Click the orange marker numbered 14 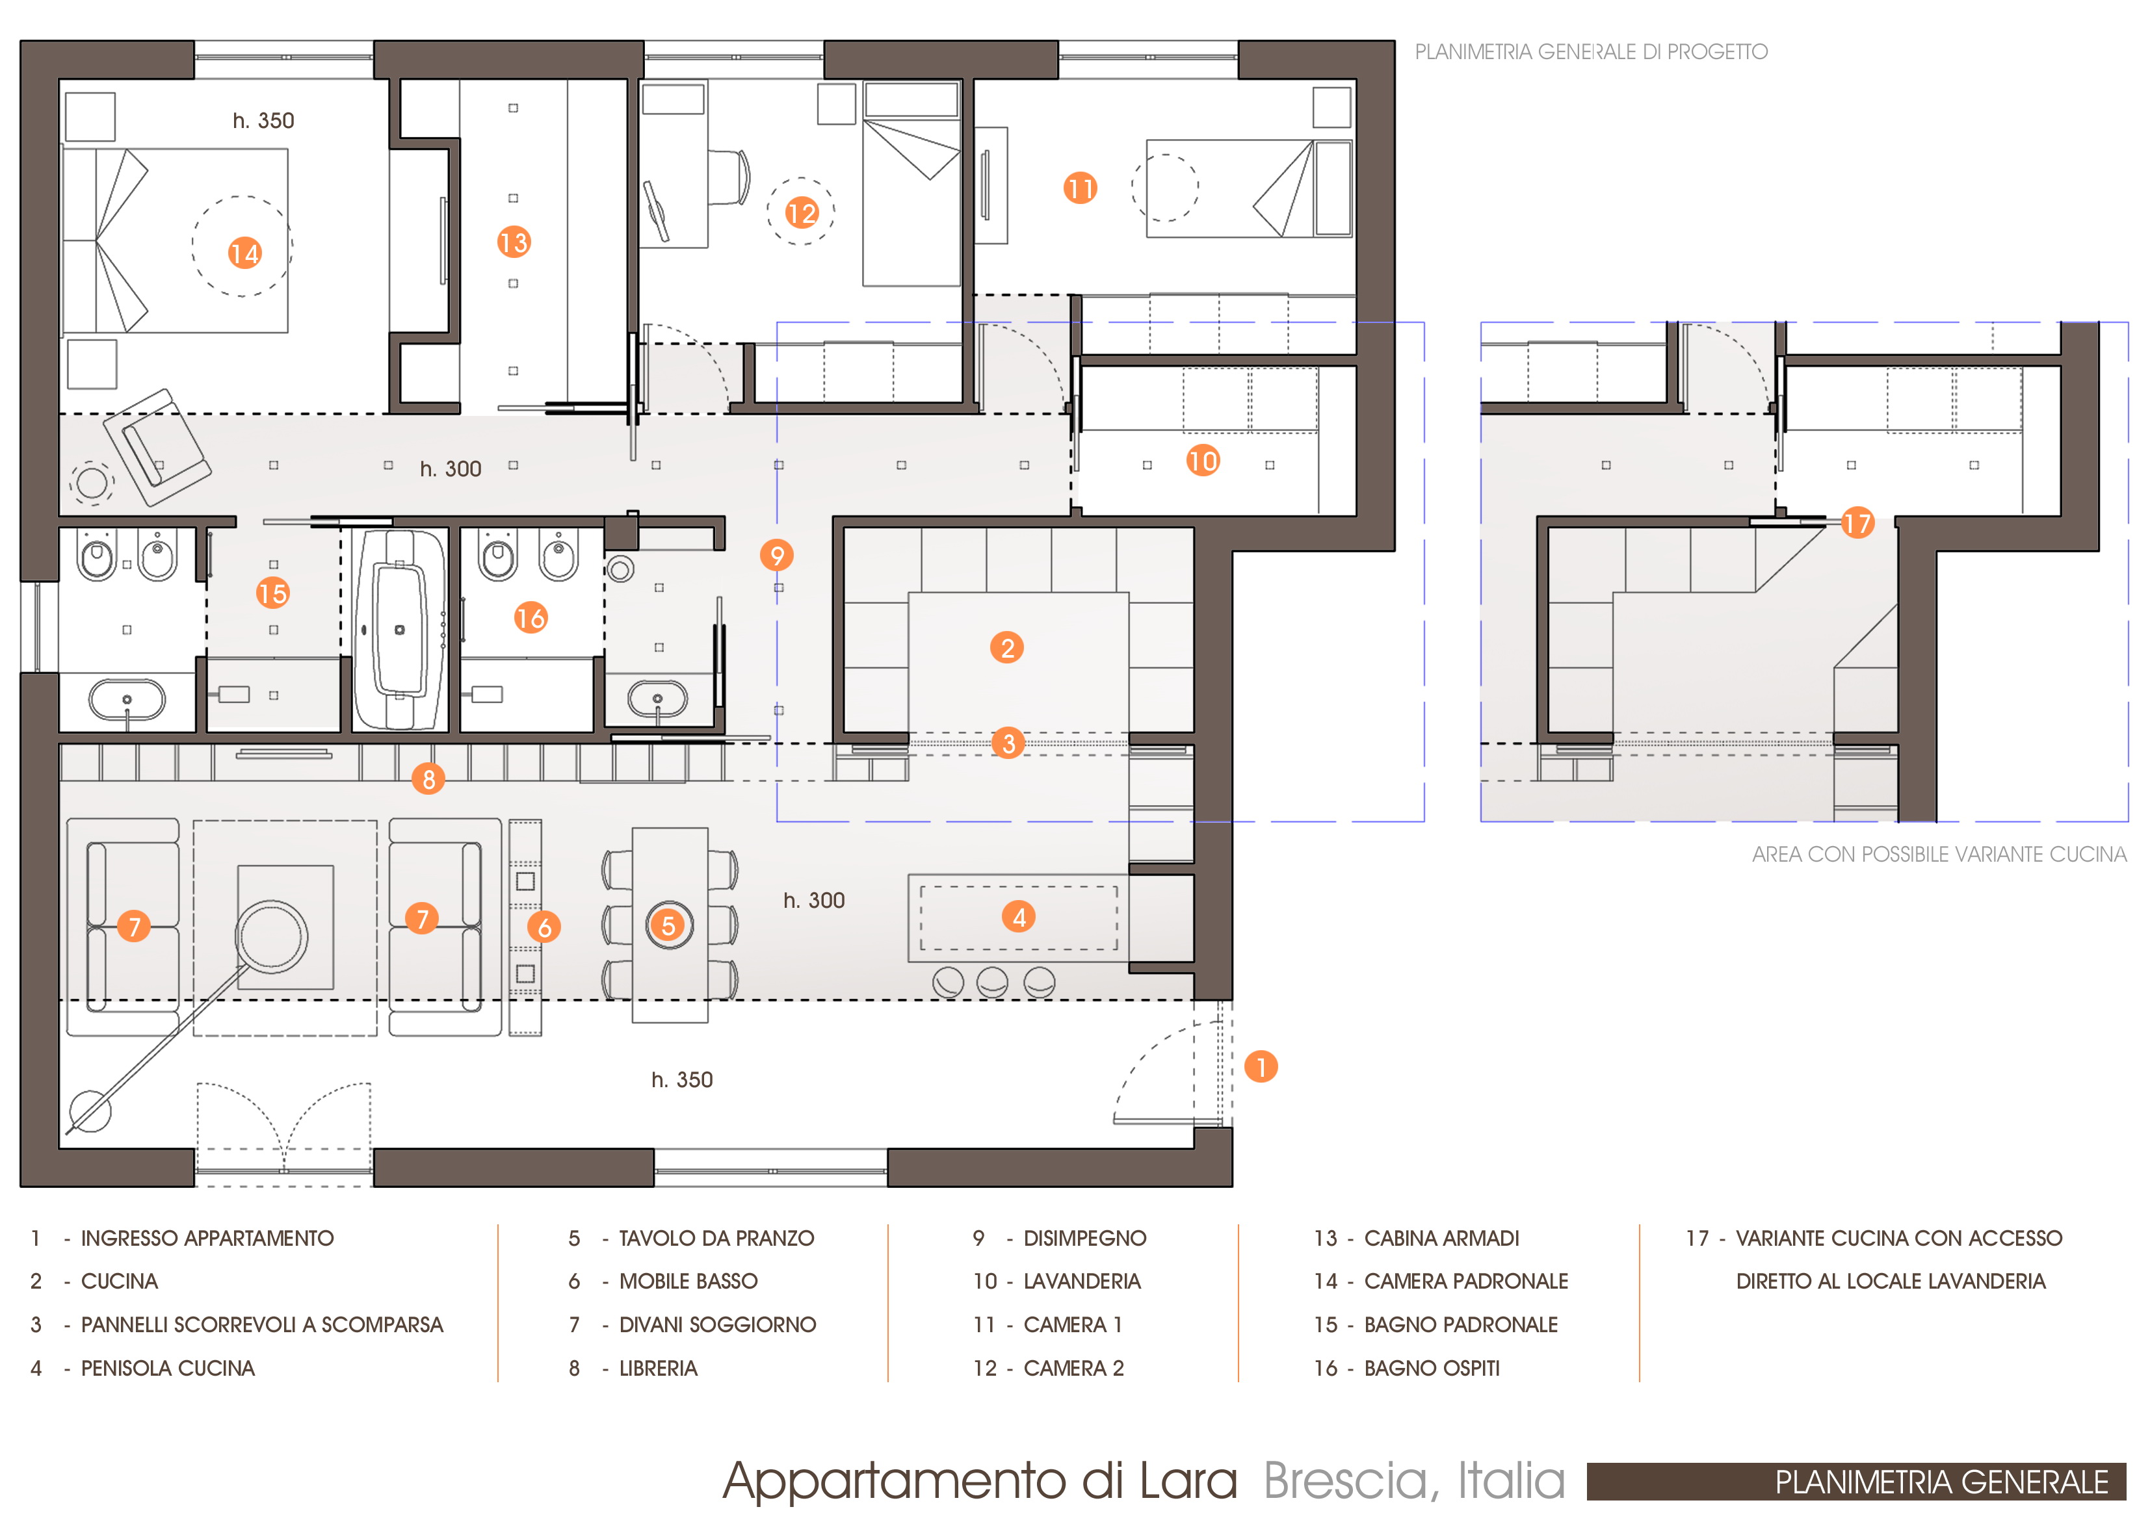point(244,253)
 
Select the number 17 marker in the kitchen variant point(1857,522)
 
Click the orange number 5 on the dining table point(668,925)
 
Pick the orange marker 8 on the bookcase point(428,779)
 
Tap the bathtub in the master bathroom point(400,630)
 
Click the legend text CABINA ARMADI point(1441,1238)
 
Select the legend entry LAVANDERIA point(1082,1282)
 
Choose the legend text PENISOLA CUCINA point(168,1369)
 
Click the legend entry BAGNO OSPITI point(1432,1369)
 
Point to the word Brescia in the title point(1346,1481)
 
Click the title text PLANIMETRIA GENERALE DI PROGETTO point(1591,51)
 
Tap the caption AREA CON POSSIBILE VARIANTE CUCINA point(1939,855)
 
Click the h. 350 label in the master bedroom point(263,121)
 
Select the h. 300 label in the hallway point(451,469)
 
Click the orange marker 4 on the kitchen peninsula point(1019,916)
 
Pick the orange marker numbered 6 point(544,927)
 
